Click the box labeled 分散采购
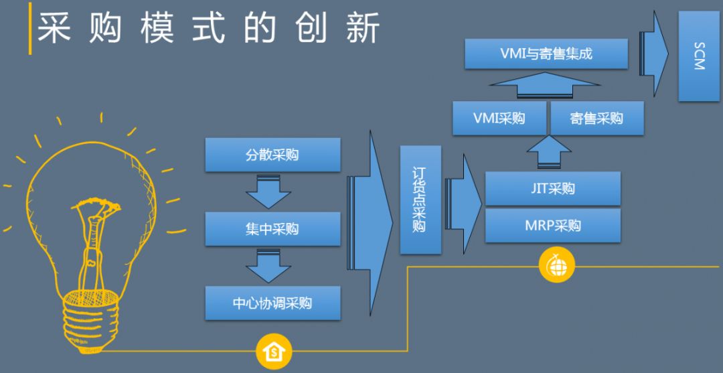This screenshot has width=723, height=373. [272, 155]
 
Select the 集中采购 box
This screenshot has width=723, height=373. [272, 229]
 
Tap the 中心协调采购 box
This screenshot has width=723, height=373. [272, 303]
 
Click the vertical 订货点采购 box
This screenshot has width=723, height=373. [420, 200]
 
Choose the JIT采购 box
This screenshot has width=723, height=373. [552, 188]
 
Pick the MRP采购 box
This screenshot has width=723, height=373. [552, 225]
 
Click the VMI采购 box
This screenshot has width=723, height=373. [499, 119]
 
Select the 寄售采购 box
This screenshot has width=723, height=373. [596, 119]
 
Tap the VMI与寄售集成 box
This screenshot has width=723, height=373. [546, 54]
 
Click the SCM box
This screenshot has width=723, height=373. [699, 56]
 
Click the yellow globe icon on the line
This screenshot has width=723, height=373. [557, 267]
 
